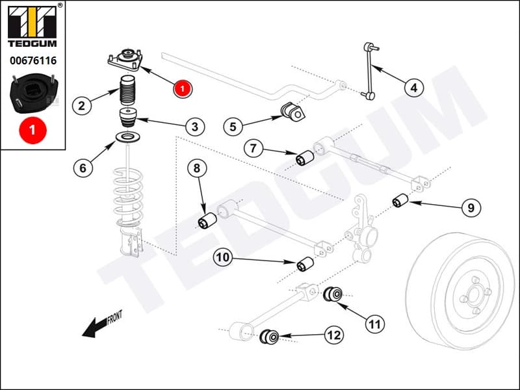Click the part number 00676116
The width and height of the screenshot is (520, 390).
(x=32, y=60)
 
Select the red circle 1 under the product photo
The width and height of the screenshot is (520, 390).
(x=32, y=129)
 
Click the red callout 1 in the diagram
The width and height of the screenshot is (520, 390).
(x=183, y=87)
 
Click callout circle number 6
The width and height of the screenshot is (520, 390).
(x=83, y=168)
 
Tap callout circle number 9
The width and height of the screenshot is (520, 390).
(x=471, y=208)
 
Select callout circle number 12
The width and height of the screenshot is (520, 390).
(x=333, y=335)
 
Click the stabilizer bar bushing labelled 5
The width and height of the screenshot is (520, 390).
(x=292, y=112)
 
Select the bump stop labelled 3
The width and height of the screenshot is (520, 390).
(x=128, y=120)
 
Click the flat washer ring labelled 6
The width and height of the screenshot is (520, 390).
(x=129, y=136)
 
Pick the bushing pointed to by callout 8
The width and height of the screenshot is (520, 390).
(x=207, y=221)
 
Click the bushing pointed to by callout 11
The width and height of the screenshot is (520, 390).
(x=335, y=294)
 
